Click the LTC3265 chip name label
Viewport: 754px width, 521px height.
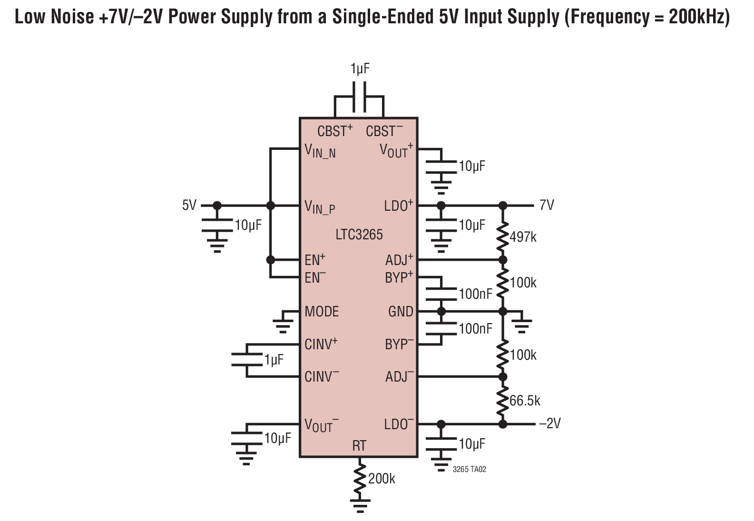point(359,235)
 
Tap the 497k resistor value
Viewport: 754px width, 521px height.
point(523,237)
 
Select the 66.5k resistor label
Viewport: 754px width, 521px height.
point(525,401)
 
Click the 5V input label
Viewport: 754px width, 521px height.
point(189,205)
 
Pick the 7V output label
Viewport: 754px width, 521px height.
point(547,205)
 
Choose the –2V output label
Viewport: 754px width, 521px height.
point(549,423)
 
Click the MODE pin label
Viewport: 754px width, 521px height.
point(322,311)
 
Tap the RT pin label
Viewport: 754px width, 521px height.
point(359,446)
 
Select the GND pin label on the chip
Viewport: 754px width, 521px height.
point(401,311)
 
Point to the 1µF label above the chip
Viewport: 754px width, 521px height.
point(360,69)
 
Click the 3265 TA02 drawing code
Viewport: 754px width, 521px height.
point(469,469)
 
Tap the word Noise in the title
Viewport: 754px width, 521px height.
point(72,17)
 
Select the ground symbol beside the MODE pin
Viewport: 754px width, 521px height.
point(283,323)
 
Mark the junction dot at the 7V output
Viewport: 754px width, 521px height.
point(502,205)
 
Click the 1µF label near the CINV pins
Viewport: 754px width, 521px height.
point(274,360)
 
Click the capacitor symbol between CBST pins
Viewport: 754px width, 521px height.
point(360,97)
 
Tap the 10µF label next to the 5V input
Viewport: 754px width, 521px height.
point(248,225)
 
